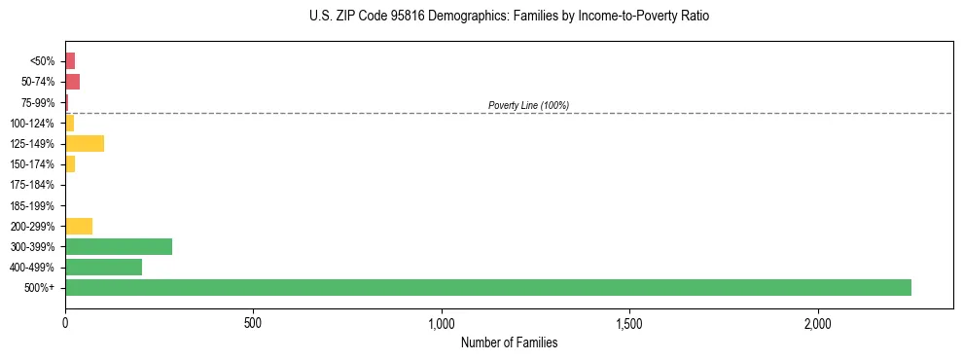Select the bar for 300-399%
[119, 246]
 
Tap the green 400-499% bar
[103, 267]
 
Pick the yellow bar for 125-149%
[85, 144]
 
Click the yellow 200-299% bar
[79, 226]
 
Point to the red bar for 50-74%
[72, 82]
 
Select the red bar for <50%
[70, 61]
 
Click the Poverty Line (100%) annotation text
[528, 105]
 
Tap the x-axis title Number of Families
[509, 342]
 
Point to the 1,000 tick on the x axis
[442, 322]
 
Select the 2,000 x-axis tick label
[818, 322]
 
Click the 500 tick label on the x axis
[253, 322]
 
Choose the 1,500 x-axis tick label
[629, 322]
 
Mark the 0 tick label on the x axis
[65, 322]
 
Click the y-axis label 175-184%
[32, 185]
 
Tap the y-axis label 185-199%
[32, 205]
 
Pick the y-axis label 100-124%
[32, 124]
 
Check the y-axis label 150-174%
[32, 164]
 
